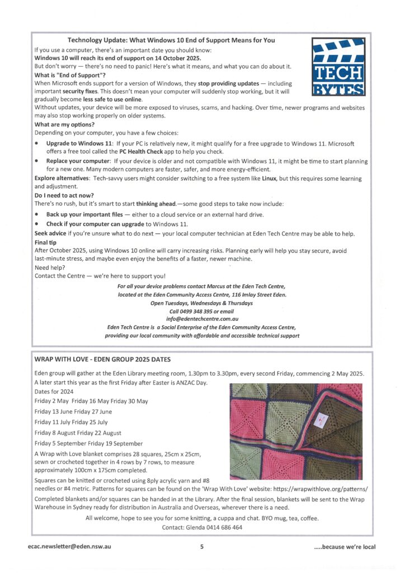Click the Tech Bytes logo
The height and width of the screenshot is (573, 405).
pyautogui.click(x=338, y=66)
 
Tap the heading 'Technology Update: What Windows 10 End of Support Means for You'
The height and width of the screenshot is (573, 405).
pyautogui.click(x=171, y=40)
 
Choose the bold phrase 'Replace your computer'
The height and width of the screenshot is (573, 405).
pyautogui.click(x=79, y=161)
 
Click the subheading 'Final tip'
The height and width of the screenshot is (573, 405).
pyautogui.click(x=45, y=242)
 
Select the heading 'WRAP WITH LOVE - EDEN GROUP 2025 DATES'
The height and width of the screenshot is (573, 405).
pyautogui.click(x=102, y=359)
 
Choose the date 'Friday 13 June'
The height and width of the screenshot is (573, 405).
pyautogui.click(x=53, y=411)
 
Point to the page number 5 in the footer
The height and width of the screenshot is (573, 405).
pyautogui.click(x=202, y=547)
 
